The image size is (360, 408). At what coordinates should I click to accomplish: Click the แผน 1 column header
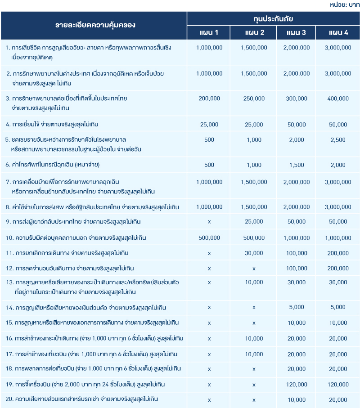209,33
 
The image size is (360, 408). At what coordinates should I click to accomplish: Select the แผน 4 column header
338,33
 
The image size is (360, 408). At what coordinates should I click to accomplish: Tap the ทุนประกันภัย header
273,19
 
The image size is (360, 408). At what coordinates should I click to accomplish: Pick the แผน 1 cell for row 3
209,99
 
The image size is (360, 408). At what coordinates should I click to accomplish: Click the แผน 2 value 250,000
254,99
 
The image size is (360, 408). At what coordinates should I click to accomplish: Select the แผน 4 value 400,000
338,99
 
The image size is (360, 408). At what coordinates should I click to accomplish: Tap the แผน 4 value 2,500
338,140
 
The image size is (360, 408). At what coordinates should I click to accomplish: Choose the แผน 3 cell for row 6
297,165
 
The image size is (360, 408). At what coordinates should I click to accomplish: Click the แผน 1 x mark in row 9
209,222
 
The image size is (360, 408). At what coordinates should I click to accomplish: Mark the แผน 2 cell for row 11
254,253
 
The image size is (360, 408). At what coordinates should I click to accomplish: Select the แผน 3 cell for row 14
297,308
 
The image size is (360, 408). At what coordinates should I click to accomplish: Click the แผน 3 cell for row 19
297,385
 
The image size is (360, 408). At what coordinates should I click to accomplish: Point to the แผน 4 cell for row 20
338,399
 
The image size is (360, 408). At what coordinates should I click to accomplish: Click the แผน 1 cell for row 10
209,238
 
